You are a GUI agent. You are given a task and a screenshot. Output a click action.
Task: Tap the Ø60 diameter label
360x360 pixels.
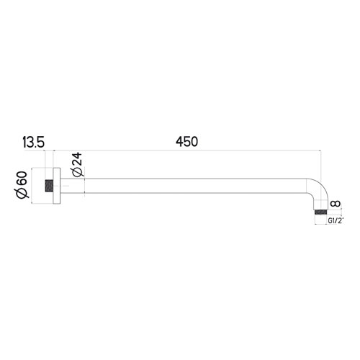(22, 185)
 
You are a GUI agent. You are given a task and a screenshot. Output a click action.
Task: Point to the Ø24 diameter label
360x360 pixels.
(78, 167)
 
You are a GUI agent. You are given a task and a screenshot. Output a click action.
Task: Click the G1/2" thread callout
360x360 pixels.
(336, 221)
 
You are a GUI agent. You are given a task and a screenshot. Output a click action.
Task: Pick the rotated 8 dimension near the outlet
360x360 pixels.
(334, 205)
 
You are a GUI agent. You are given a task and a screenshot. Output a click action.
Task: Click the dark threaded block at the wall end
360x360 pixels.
(50, 185)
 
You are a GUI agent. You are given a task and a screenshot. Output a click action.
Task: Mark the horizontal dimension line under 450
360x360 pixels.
(187, 150)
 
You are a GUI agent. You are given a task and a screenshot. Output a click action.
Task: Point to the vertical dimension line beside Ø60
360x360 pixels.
(32, 185)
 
